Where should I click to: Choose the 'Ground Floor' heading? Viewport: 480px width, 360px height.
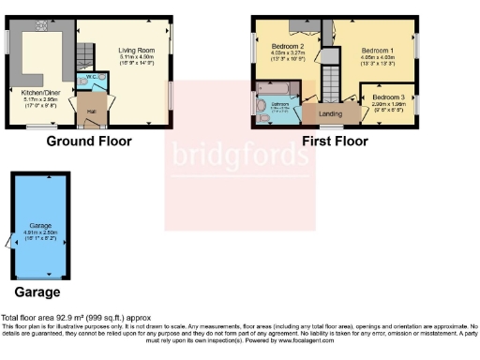pyautogui.click(x=89, y=142)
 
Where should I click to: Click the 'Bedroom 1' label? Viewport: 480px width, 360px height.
pyautogui.click(x=380, y=50)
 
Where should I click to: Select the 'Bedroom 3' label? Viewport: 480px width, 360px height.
pyautogui.click(x=388, y=97)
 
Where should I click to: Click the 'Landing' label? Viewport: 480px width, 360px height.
pyautogui.click(x=330, y=114)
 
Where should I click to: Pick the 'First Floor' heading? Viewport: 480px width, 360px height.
pyautogui.click(x=335, y=142)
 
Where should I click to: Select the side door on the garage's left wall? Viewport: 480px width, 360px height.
pyautogui.click(x=9, y=243)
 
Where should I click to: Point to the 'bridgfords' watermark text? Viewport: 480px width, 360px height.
pyautogui.click(x=239, y=154)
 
